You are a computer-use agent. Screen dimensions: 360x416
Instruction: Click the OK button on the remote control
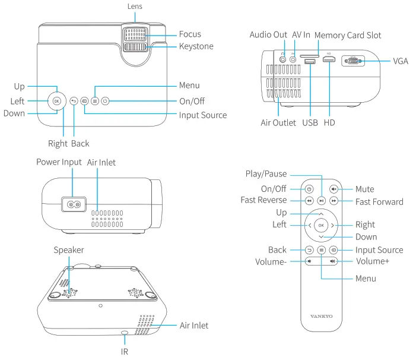coord(321,225)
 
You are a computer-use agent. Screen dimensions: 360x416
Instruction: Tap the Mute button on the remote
coord(334,189)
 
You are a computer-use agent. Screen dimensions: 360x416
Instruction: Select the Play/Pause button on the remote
coord(321,201)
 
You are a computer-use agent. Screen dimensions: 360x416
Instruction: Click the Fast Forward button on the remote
coord(334,201)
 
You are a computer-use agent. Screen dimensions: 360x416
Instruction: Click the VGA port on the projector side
coord(354,62)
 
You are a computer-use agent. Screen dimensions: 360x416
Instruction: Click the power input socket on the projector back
coord(74,204)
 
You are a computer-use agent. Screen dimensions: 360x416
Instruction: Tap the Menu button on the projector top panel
coord(95,101)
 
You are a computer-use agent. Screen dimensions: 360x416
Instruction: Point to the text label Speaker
coord(69,250)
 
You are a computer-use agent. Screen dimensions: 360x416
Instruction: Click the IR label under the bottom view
coord(125,351)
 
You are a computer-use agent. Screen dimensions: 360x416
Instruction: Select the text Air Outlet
coord(279,123)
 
